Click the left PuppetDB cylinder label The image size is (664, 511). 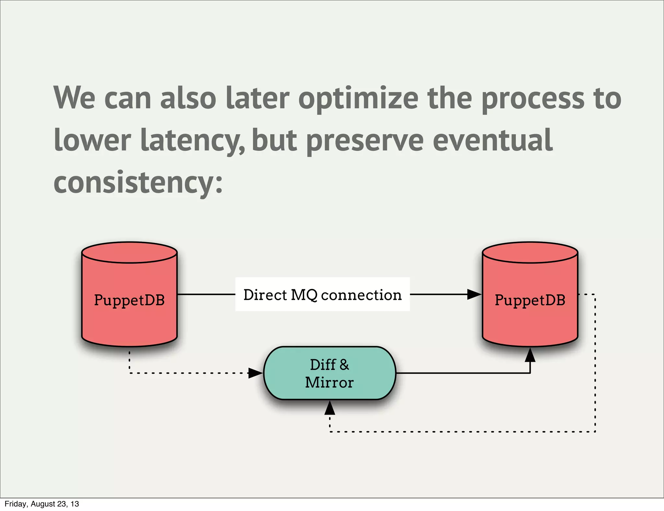click(x=129, y=300)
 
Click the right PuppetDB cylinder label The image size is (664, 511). click(x=530, y=300)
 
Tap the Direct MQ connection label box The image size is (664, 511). click(x=322, y=294)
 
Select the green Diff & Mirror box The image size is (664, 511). click(x=329, y=373)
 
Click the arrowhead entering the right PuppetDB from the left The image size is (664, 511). click(x=474, y=294)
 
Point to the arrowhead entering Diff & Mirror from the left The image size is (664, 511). click(x=255, y=373)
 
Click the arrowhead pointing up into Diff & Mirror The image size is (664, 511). click(x=330, y=408)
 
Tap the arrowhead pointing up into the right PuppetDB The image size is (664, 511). click(x=530, y=355)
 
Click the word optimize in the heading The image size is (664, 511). click(x=358, y=98)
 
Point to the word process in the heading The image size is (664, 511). click(x=533, y=98)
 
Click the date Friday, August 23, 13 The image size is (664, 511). click(x=42, y=504)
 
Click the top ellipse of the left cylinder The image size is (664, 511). click(x=129, y=253)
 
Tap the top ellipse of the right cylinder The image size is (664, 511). click(x=530, y=253)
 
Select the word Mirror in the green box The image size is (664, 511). click(x=329, y=383)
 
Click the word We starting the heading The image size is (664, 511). click(x=75, y=98)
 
